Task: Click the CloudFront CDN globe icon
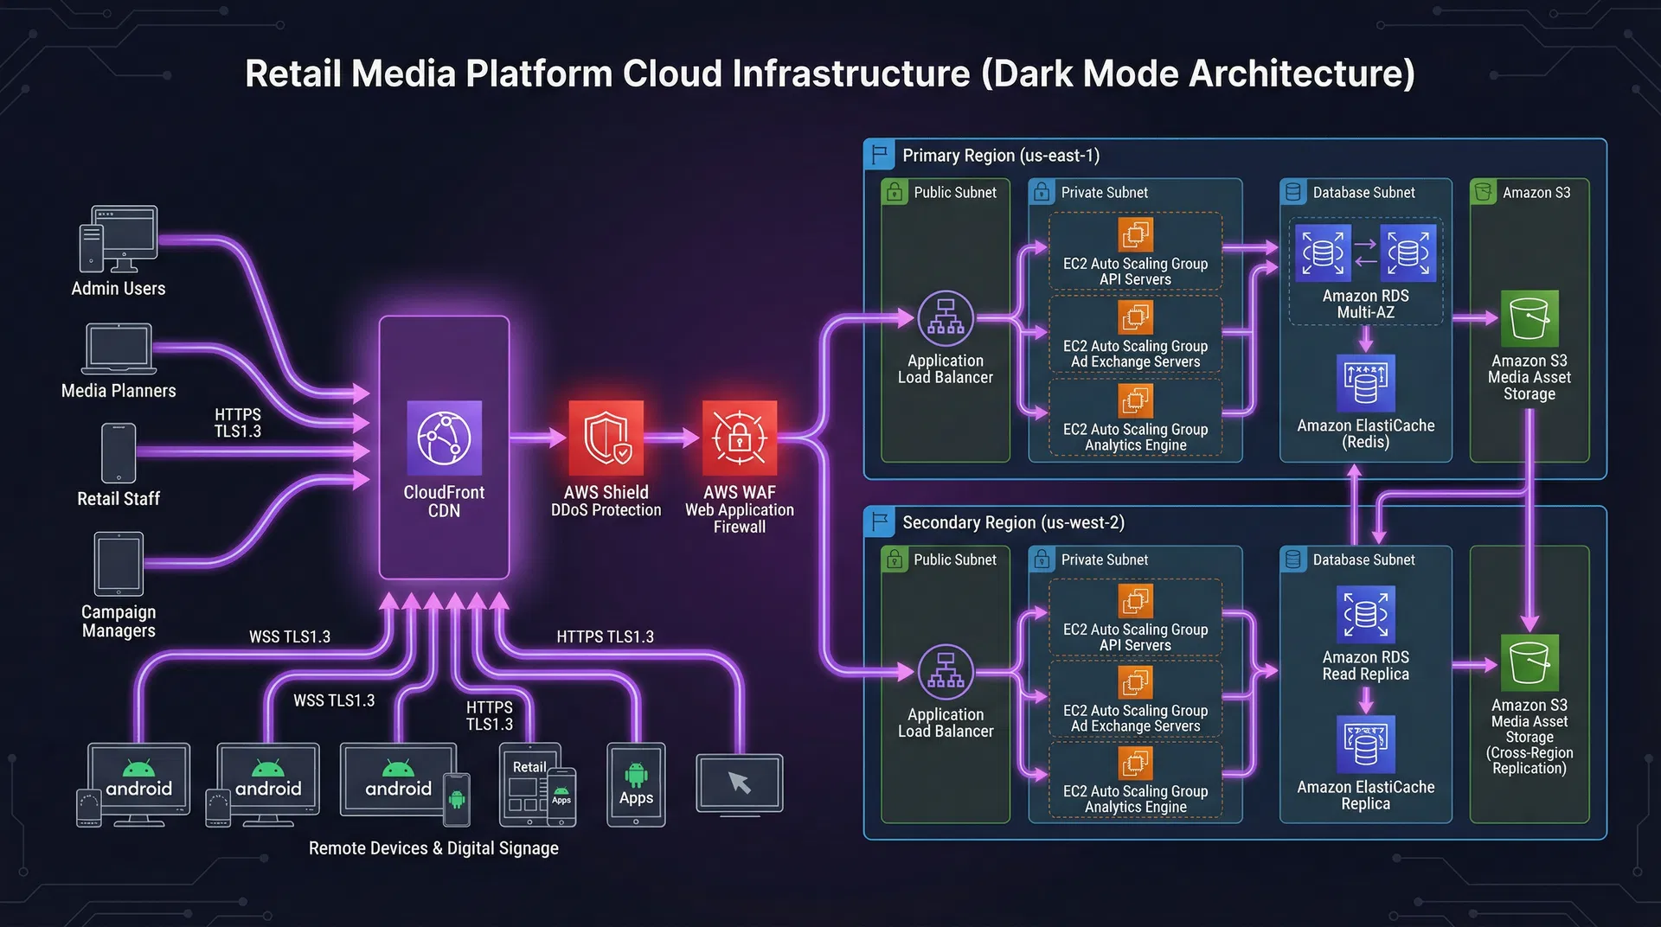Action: click(x=444, y=438)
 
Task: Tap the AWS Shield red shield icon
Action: click(x=606, y=438)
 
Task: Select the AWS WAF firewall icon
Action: click(x=739, y=438)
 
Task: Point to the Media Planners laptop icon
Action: click(x=119, y=348)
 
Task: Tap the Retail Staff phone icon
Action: click(x=119, y=452)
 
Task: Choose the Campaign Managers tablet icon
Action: click(x=119, y=564)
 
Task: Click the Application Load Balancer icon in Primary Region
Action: click(x=946, y=318)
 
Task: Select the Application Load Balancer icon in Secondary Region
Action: click(x=946, y=672)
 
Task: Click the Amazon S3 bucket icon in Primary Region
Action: click(x=1529, y=318)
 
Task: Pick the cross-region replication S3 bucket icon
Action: click(x=1529, y=662)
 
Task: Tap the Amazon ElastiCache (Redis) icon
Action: click(x=1365, y=383)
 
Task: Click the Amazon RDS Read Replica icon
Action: click(x=1365, y=615)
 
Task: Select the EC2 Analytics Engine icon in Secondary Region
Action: click(x=1135, y=763)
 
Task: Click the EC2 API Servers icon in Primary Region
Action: click(x=1135, y=234)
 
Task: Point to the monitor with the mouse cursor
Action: click(x=740, y=783)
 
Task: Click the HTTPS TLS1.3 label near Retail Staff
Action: click(x=238, y=423)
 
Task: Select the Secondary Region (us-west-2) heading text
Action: click(x=1013, y=522)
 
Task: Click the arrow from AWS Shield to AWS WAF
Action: click(x=672, y=438)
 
